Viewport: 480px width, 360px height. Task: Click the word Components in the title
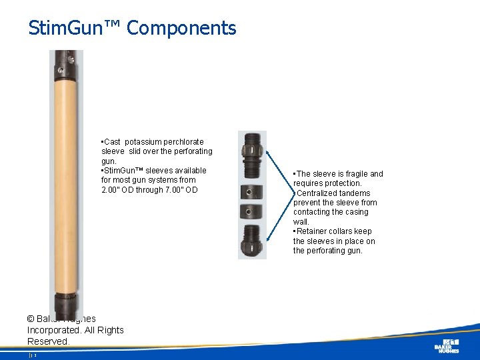point(181,28)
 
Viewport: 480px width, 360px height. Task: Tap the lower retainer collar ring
point(252,212)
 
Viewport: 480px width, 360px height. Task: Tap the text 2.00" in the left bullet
point(113,189)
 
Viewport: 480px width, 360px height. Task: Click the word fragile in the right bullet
point(351,174)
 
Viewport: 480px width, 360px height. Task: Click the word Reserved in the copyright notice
point(48,341)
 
